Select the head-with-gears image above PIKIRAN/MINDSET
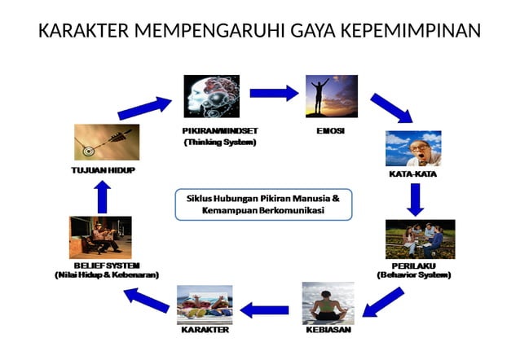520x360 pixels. (211, 97)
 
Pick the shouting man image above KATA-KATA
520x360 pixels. (413, 148)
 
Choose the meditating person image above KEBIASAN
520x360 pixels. (328, 303)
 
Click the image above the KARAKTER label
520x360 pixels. (205, 305)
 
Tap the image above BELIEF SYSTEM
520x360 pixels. (100, 237)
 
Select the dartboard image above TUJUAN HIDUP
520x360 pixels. (106, 143)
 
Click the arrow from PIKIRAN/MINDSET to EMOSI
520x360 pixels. (273, 93)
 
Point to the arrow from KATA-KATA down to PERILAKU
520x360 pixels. (416, 199)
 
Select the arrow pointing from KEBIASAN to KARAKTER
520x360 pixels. (264, 310)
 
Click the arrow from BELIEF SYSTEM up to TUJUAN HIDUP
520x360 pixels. (102, 195)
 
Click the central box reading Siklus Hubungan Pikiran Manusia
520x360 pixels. (263, 204)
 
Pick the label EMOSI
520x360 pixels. (329, 130)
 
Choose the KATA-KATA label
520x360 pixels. (412, 174)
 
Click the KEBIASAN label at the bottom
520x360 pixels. (328, 331)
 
